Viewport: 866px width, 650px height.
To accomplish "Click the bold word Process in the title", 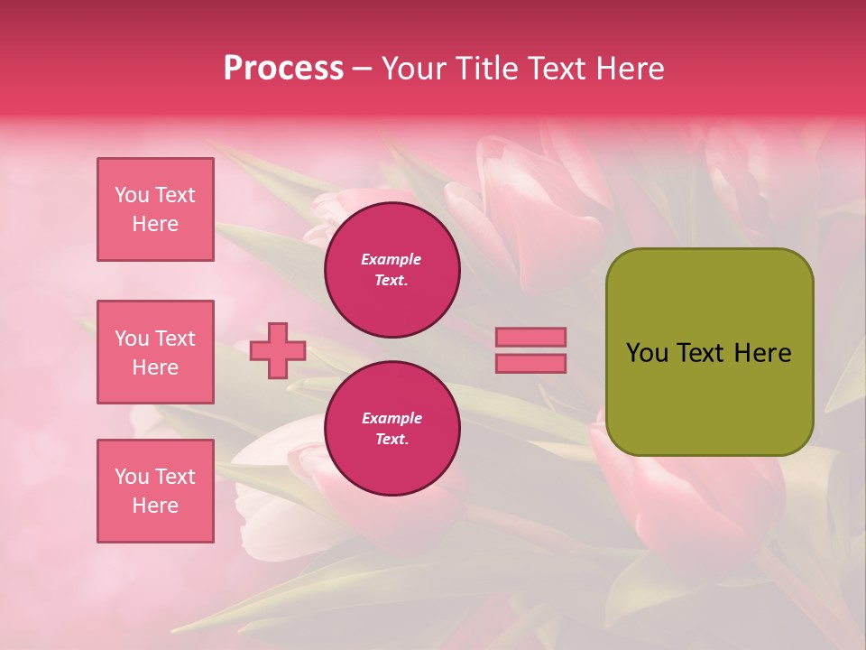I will [283, 69].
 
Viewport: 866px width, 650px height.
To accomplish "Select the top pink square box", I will [155, 209].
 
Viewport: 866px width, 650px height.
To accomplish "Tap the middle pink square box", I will [155, 352].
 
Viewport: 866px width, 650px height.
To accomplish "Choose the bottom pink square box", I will [155, 491].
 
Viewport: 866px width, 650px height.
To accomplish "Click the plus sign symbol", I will [278, 350].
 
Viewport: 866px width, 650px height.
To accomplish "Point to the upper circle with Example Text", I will [392, 269].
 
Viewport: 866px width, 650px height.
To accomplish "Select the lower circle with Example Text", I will [392, 428].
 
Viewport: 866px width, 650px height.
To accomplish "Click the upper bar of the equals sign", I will [530, 337].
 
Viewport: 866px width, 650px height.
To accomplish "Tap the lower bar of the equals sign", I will [530, 363].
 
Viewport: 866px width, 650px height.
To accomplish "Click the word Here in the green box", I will [762, 353].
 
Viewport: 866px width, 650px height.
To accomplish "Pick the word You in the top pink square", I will [131, 195].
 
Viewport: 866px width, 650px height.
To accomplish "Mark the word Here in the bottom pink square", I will [155, 506].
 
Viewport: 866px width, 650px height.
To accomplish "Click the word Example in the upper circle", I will [392, 259].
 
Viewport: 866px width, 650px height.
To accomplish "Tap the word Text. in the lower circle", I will [392, 439].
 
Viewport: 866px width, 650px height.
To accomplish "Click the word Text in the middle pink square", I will [174, 339].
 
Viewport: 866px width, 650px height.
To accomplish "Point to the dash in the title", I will [362, 70].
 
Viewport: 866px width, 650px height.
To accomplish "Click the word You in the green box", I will [647, 353].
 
